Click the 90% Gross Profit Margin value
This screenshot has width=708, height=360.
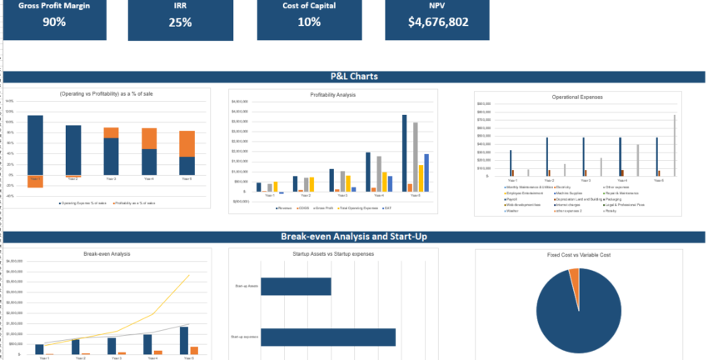click(x=53, y=22)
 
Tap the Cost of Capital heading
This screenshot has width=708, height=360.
click(x=309, y=4)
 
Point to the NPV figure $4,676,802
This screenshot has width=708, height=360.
click(x=437, y=22)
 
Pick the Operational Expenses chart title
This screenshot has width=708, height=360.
click(x=577, y=97)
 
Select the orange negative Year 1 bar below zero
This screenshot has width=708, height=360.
click(x=35, y=182)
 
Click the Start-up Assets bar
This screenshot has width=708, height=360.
click(x=296, y=286)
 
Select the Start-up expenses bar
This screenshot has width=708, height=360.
click(x=327, y=337)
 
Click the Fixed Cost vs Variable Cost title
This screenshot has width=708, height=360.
click(x=578, y=254)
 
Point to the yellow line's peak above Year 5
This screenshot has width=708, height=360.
click(x=189, y=275)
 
